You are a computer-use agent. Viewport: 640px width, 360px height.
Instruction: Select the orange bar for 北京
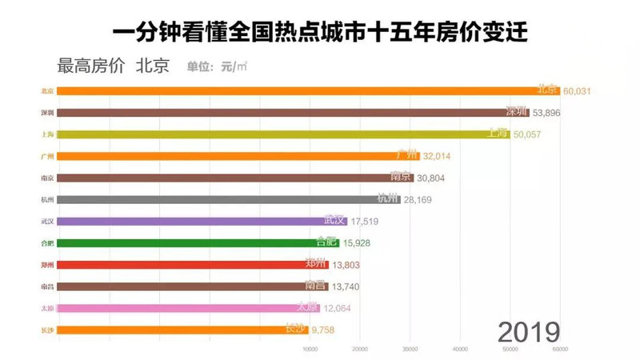point(304,90)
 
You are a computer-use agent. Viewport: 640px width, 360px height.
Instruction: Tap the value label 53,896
point(552,113)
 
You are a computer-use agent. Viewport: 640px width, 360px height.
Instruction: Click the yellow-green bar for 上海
point(280,134)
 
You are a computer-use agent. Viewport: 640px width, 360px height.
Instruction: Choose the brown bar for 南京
point(232,178)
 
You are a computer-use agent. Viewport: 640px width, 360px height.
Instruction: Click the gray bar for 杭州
point(224,199)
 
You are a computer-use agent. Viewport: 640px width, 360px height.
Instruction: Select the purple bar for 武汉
point(200,221)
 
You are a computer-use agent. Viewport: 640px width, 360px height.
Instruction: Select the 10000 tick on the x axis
point(310,350)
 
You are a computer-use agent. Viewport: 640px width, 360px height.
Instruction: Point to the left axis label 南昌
point(47,286)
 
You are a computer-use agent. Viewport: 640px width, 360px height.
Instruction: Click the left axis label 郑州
point(47,265)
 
